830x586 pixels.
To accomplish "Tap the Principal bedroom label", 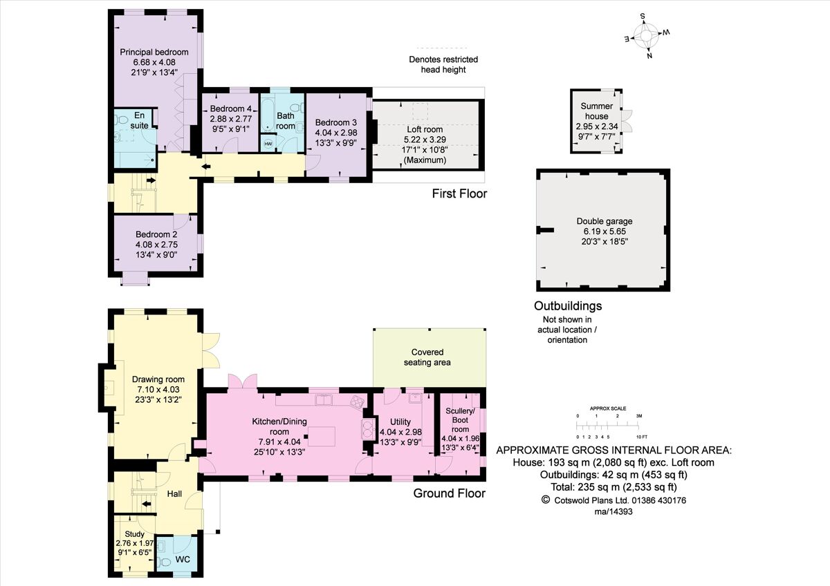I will [154, 52].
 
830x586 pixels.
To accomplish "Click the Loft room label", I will [425, 129].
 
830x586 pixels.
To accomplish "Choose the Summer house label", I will [597, 106].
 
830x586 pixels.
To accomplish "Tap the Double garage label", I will [605, 221].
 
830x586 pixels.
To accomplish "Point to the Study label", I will [134, 533].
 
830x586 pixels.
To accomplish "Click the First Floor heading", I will [459, 193].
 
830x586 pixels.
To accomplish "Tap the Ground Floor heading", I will [449, 493].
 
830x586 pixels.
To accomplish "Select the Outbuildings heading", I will [568, 305].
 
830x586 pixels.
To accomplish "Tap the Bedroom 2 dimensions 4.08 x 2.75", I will [156, 244].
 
